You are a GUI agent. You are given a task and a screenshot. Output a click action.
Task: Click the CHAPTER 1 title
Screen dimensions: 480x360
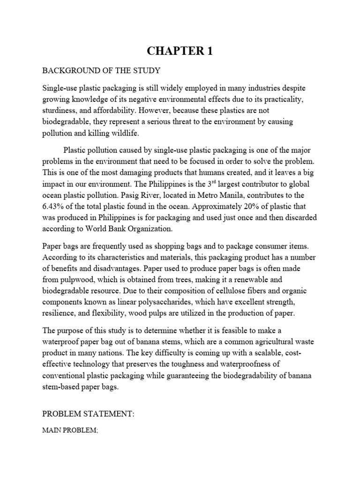click(x=180, y=51)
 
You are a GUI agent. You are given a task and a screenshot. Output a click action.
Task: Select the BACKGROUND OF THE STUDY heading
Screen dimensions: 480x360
click(x=102, y=71)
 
